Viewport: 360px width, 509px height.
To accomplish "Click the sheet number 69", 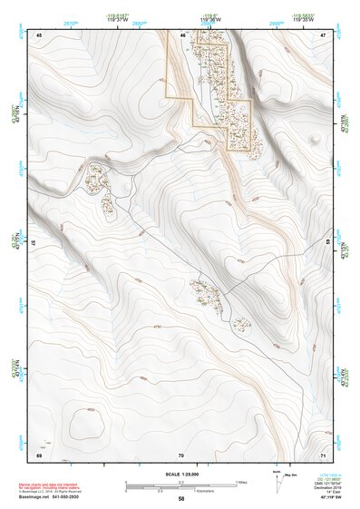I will tap(39, 454).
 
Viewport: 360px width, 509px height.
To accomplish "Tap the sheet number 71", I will tap(324, 454).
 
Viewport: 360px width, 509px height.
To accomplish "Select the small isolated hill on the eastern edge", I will tap(314, 139).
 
